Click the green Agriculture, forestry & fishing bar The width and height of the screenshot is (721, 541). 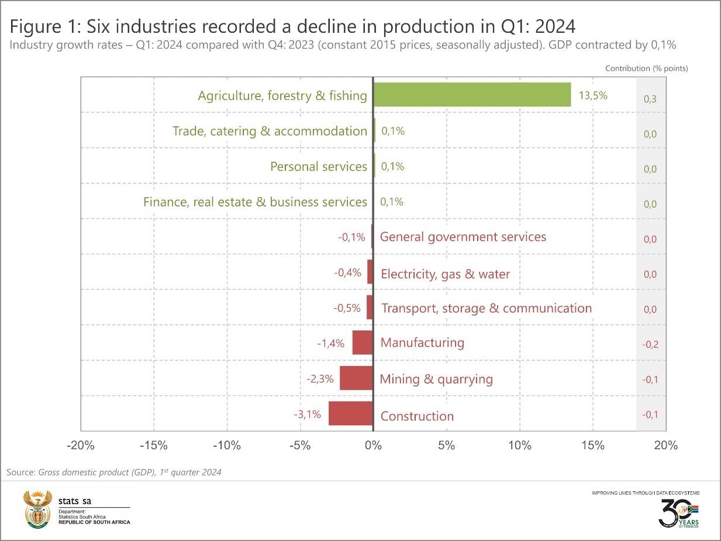point(472,95)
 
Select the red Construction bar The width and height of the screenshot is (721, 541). point(351,413)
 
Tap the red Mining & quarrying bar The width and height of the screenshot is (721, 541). point(356,378)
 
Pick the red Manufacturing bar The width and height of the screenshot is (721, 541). point(363,343)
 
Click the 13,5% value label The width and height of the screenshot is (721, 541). point(593,95)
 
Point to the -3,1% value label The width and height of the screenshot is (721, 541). point(307,415)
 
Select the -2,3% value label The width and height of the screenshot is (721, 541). point(320,379)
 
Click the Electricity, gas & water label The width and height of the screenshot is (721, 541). point(445,274)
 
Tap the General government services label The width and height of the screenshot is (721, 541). point(463,237)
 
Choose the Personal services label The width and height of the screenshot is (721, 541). point(319,167)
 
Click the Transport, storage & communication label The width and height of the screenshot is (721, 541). point(487,308)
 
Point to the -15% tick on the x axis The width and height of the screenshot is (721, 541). point(154,446)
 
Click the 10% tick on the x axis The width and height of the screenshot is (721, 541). point(520,446)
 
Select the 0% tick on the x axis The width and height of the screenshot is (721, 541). point(373,446)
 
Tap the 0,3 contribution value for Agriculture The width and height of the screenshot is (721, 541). point(650,99)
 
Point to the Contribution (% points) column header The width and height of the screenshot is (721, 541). point(646,68)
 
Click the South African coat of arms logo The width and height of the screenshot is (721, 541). point(37,509)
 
